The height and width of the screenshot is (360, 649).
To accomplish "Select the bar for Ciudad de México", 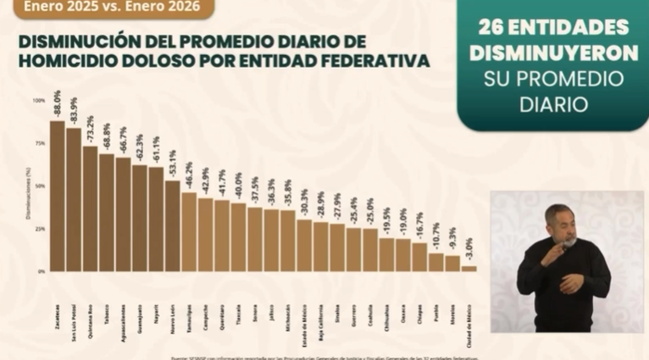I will [469, 268].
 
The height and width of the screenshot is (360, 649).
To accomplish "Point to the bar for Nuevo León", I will [172, 226].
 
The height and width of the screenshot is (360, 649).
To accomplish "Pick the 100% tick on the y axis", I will [40, 101].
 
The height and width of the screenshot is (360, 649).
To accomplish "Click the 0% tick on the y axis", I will [41, 271].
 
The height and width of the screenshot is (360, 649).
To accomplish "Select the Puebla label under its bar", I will [437, 311].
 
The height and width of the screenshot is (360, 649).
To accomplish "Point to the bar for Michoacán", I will [288, 240].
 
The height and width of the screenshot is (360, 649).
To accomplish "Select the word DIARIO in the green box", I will [552, 104].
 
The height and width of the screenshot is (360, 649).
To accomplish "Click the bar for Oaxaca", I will [403, 255].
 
